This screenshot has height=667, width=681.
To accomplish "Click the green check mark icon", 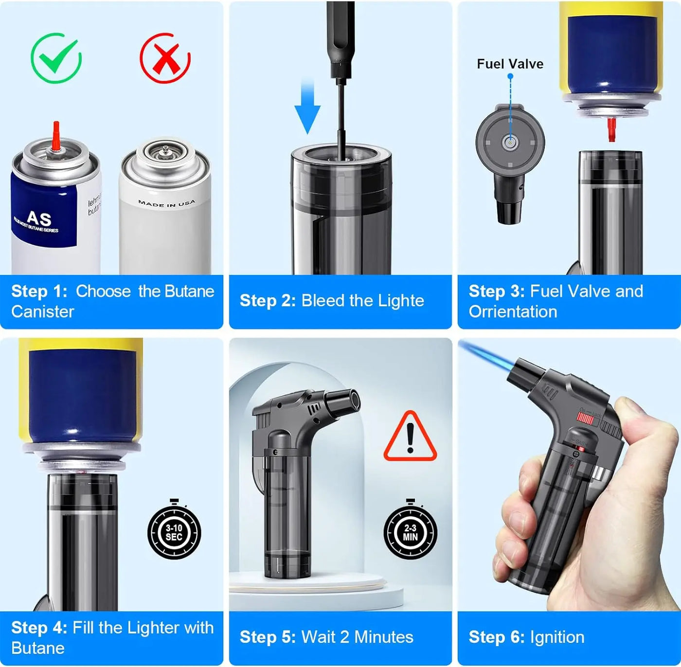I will pyautogui.click(x=56, y=58).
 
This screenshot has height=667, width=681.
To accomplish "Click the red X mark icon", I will pyautogui.click(x=165, y=58).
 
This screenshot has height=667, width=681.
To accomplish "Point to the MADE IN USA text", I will pyautogui.click(x=166, y=203).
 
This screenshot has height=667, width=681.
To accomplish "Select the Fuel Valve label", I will pyautogui.click(x=510, y=64).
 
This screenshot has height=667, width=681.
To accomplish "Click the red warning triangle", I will pyautogui.click(x=410, y=437).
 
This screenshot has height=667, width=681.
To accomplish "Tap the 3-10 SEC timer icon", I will pyautogui.click(x=174, y=532).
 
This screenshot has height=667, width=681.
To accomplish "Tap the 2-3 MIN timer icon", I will pyautogui.click(x=410, y=532).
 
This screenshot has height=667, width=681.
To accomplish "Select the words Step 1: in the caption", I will pyautogui.click(x=39, y=291).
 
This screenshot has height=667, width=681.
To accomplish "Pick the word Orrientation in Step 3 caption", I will pyautogui.click(x=513, y=312).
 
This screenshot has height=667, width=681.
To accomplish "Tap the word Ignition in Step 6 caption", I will pyautogui.click(x=557, y=637).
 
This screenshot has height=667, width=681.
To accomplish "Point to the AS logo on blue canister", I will pyautogui.click(x=39, y=218).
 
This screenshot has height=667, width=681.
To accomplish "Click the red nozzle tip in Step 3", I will pyautogui.click(x=611, y=130).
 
